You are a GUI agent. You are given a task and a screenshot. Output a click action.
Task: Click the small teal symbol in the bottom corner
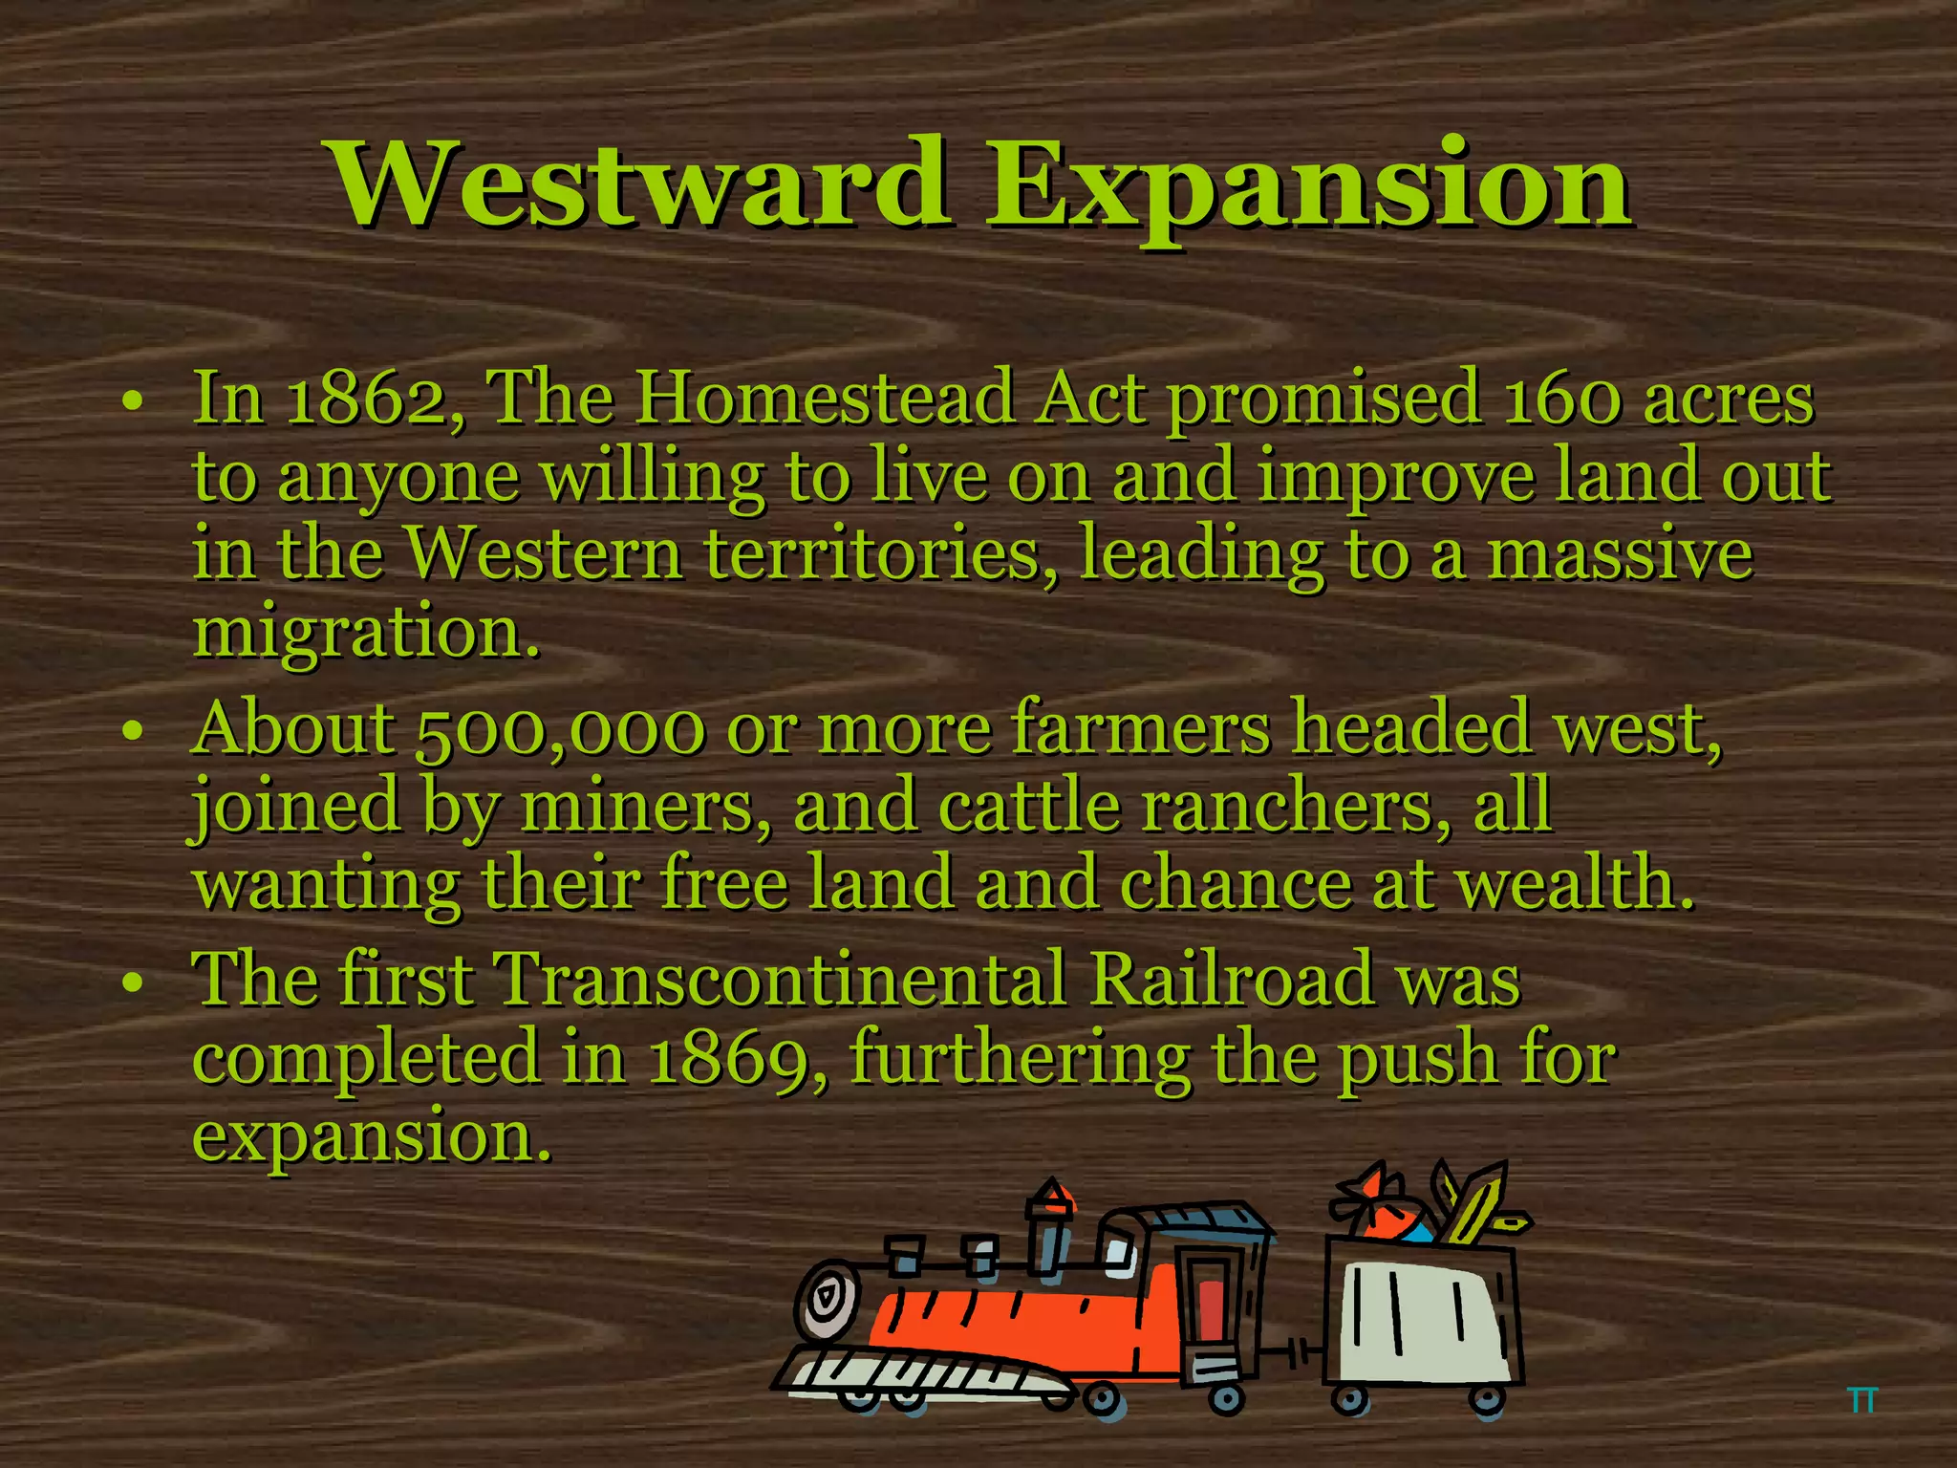point(1862,1401)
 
